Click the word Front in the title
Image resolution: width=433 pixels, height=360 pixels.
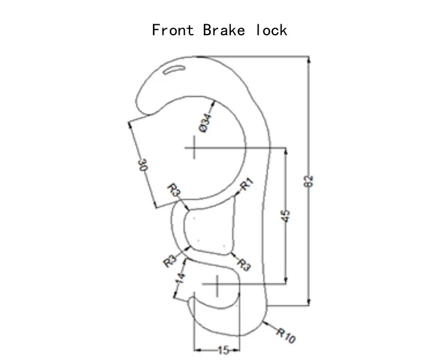[x=173, y=30]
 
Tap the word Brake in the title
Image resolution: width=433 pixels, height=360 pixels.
[x=223, y=30]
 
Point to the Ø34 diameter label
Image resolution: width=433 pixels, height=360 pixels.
[x=205, y=123]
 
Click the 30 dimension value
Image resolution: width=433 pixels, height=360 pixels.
[x=143, y=164]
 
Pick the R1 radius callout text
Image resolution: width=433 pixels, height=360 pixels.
[x=247, y=184]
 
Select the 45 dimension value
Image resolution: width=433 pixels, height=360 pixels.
[x=286, y=216]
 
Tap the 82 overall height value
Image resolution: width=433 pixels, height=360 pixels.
[x=308, y=181]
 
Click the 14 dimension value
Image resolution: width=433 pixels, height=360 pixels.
[x=180, y=278]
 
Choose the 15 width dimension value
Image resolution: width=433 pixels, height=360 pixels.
[x=223, y=350]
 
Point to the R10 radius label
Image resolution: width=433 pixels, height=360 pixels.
[x=286, y=335]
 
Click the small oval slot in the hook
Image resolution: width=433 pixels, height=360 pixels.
[x=174, y=70]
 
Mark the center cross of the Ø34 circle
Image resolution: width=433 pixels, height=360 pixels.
[x=195, y=148]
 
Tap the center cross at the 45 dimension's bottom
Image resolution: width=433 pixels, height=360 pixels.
[x=217, y=284]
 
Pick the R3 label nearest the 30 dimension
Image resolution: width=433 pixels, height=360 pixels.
[x=174, y=190]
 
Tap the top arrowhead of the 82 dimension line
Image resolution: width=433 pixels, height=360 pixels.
[x=309, y=59]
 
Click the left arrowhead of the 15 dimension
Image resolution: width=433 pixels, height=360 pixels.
[x=197, y=350]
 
